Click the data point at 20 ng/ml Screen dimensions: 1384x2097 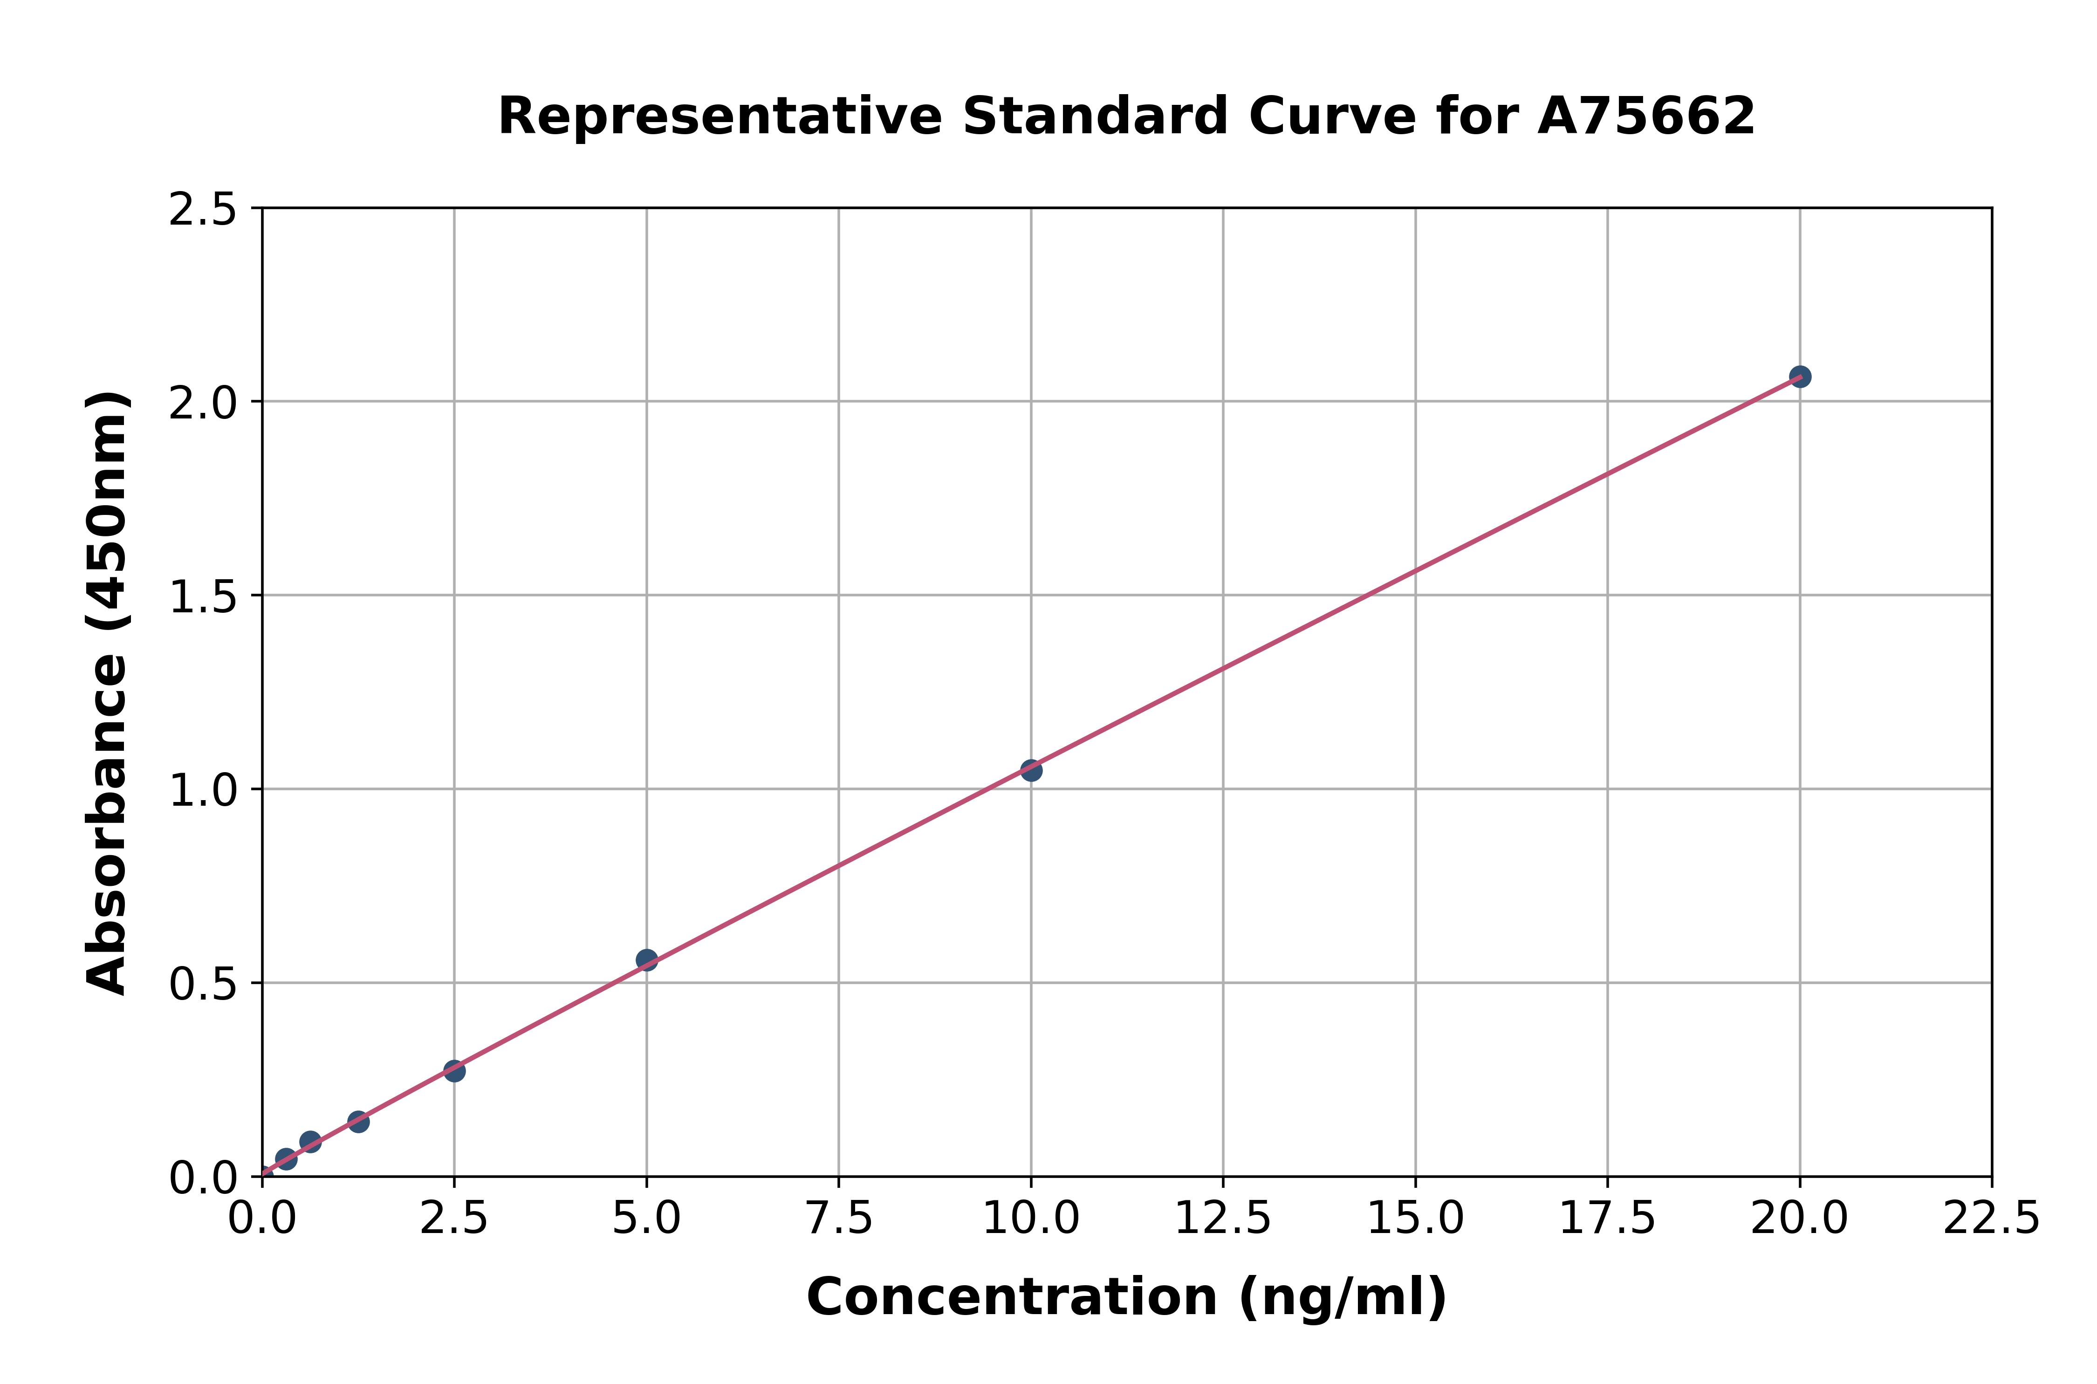[1800, 377]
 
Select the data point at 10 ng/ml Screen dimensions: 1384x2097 [1031, 771]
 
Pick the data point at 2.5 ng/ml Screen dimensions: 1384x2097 [454, 1071]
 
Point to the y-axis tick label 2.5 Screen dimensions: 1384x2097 [203, 210]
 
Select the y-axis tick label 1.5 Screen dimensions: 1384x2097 [203, 596]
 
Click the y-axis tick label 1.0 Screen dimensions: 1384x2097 [203, 790]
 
